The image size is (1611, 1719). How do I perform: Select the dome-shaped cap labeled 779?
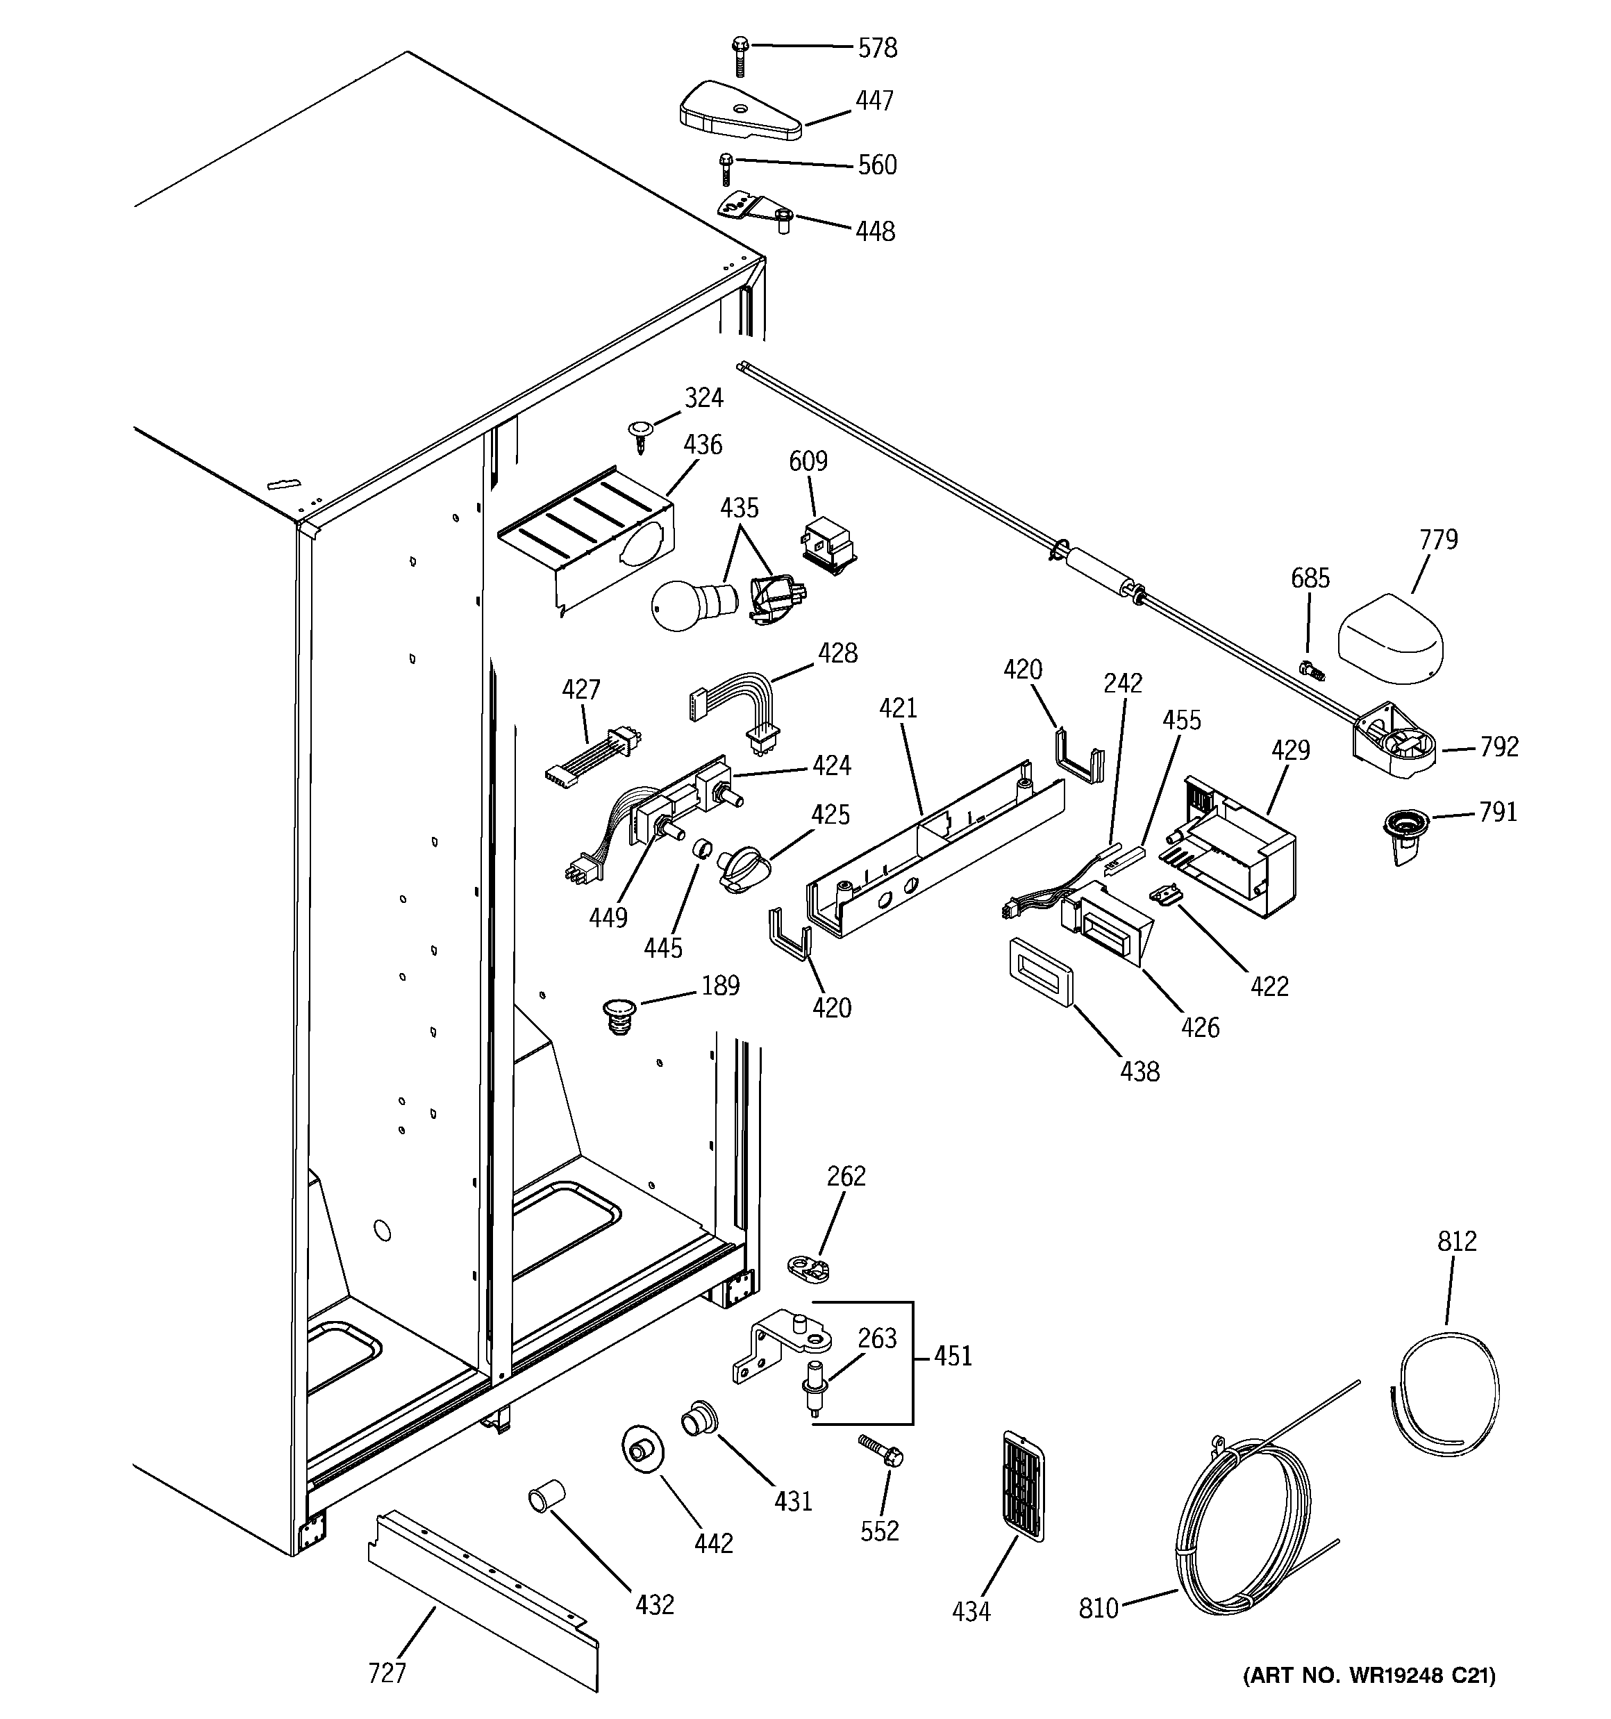(x=1390, y=639)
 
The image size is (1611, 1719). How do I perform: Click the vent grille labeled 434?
(x=1023, y=1485)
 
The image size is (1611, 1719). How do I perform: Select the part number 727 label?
(x=387, y=1672)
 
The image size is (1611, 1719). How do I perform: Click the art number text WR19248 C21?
(x=1369, y=1676)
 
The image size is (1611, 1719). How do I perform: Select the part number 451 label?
(x=953, y=1356)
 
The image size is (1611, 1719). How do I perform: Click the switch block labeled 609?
(x=828, y=547)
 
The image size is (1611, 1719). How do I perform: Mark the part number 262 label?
(x=846, y=1176)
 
